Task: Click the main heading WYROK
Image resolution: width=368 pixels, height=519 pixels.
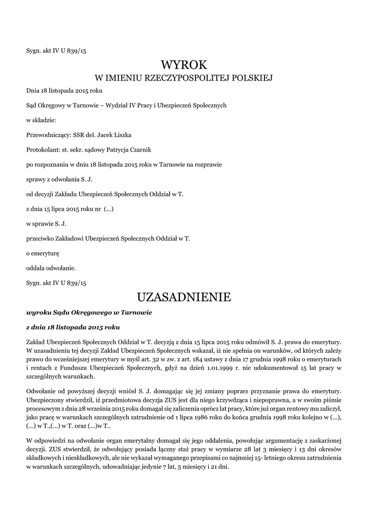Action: (x=184, y=65)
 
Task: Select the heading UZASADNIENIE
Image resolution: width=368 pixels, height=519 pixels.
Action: (x=184, y=296)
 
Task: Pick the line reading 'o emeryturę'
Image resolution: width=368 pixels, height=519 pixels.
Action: (x=43, y=252)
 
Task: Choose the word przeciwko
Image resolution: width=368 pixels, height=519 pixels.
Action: (x=41, y=238)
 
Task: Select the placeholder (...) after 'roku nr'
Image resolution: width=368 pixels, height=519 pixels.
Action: (x=108, y=208)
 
